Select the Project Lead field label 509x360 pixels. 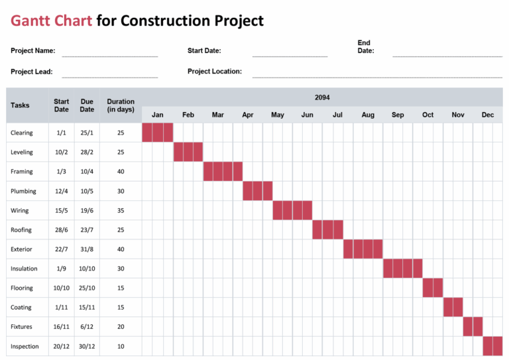[32, 72]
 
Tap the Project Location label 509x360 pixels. [215, 72]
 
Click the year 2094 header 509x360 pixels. [322, 97]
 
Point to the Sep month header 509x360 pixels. [398, 115]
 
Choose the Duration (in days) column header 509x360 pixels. [121, 105]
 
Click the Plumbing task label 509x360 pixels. [23, 191]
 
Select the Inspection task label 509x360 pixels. [25, 346]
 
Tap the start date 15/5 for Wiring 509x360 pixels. [62, 210]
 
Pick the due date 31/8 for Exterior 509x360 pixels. [87, 249]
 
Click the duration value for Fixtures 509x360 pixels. [121, 327]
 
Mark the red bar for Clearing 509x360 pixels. [158, 133]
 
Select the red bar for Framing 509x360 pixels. [223, 171]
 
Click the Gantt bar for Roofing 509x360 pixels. [327, 229]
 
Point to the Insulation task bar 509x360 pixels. [402, 269]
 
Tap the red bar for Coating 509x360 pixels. [453, 308]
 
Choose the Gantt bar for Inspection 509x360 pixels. [492, 346]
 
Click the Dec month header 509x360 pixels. [488, 115]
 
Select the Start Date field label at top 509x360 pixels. [204, 50]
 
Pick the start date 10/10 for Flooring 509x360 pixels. [62, 288]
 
